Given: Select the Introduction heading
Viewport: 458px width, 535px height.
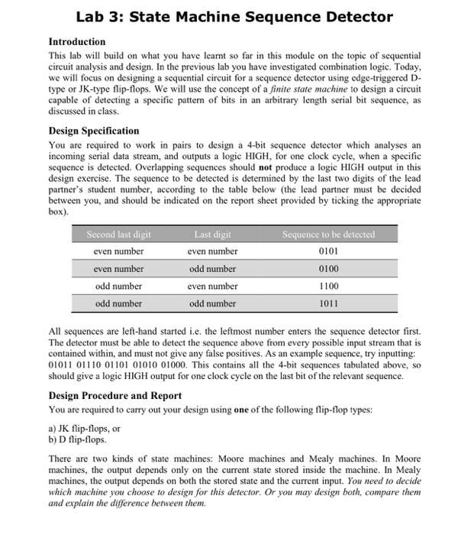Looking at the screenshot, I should (77, 41).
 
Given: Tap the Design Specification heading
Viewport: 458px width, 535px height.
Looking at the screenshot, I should (94, 131).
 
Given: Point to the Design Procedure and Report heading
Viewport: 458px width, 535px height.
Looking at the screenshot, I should (115, 395).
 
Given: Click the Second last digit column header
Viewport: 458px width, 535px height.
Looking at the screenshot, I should (118, 234).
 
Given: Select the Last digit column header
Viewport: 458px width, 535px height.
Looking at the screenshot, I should (213, 234).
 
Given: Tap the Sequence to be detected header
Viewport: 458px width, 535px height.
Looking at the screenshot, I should (328, 234).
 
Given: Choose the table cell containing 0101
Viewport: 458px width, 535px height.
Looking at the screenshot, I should (328, 251).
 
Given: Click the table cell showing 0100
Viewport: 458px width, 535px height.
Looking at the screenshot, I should (328, 268).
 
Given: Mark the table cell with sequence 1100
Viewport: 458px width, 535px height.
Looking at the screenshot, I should (328, 286).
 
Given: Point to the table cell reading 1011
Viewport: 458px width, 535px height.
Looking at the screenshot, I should (328, 303).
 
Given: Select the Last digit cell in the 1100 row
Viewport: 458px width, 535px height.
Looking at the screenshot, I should (213, 286).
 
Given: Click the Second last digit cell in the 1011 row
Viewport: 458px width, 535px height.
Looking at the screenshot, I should (118, 303).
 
